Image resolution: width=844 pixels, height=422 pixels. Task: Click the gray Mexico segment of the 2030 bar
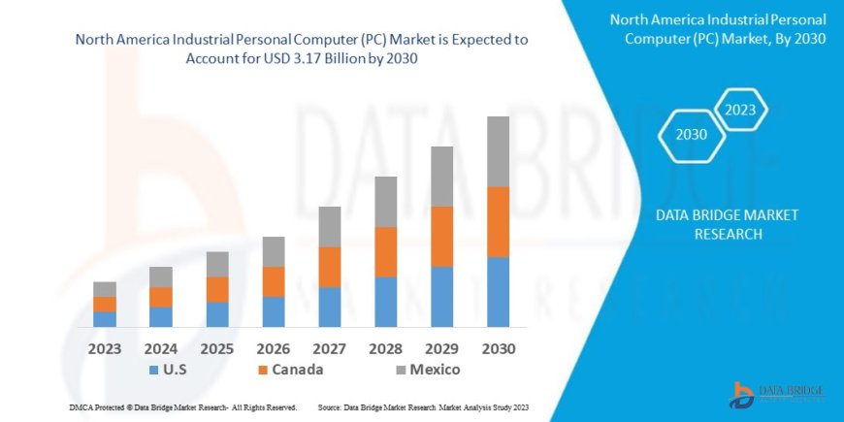coord(498,151)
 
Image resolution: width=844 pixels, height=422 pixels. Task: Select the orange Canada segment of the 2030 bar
coord(498,221)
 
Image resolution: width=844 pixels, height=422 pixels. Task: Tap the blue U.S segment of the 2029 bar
coord(441,296)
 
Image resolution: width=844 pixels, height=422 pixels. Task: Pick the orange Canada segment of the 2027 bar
coord(330,267)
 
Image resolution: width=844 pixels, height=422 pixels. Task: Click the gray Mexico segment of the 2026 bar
coord(274,251)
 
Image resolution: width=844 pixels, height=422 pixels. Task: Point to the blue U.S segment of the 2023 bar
coord(105,318)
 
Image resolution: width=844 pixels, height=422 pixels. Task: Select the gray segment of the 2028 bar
coord(386,202)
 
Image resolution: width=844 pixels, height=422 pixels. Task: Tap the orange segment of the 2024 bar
coord(161,297)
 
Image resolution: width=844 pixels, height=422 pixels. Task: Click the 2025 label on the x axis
coord(217,348)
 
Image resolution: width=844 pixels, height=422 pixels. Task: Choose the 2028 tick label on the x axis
coord(386,348)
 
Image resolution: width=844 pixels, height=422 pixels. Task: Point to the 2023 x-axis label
coord(105,348)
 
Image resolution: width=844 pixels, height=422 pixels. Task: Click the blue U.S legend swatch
coord(153,371)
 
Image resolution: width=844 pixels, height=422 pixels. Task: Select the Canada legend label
coord(297,370)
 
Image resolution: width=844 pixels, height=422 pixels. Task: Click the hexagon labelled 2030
coord(692,135)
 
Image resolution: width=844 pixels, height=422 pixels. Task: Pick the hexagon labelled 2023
coord(740,110)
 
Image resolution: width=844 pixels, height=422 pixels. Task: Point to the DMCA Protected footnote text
coord(183,407)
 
